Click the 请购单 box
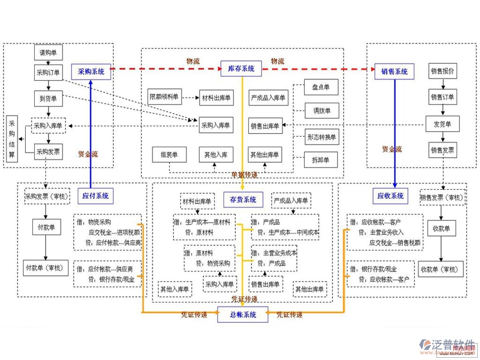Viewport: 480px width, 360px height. coord(48,52)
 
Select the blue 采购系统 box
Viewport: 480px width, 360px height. coord(91,72)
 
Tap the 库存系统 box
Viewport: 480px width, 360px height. coord(241,69)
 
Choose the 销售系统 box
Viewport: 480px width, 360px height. coord(394,72)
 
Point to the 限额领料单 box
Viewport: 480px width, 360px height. coord(163,97)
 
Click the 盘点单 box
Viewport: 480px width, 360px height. coord(321,87)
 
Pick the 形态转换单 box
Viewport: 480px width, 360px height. coord(321,137)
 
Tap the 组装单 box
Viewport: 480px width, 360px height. coord(169,155)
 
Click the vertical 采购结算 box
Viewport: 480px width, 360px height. coord(12,139)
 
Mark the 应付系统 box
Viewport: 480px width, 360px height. coord(95,196)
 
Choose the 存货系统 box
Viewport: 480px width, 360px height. coord(243,200)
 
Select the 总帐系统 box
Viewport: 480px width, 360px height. coord(243,315)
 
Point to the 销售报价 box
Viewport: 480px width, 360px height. coord(442,71)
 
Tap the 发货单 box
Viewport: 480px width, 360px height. coord(442,124)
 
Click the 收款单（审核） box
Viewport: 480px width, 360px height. coord(441,270)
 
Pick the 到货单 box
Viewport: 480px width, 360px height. coord(48,98)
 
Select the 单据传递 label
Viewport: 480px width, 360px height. coord(244,175)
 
